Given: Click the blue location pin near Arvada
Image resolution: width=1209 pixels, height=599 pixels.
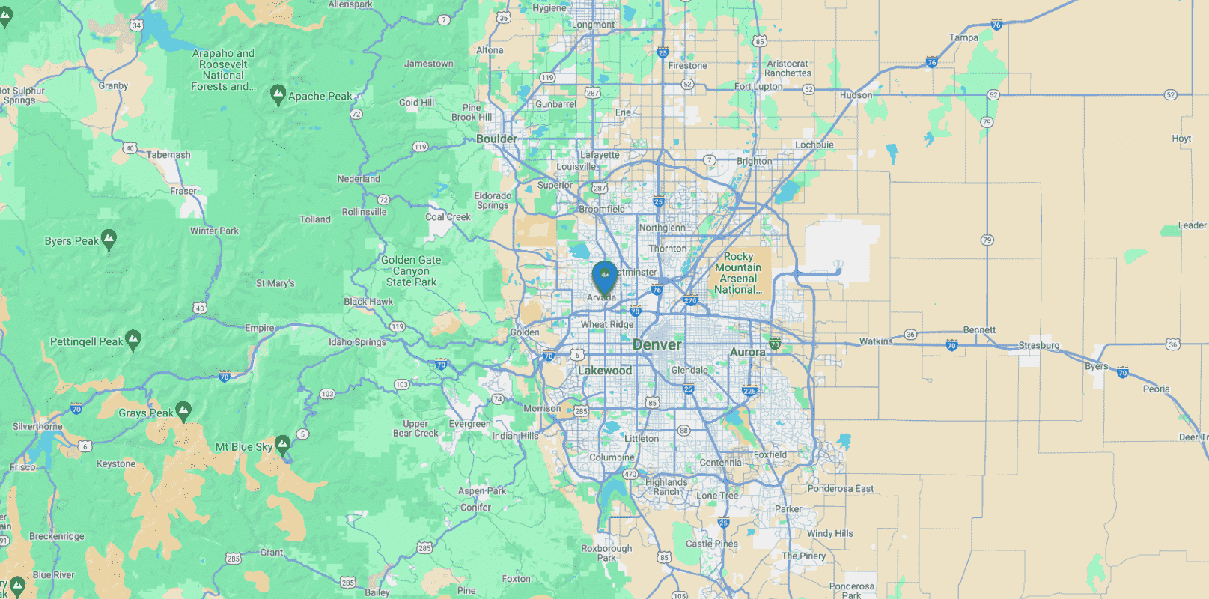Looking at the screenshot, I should click(x=604, y=276).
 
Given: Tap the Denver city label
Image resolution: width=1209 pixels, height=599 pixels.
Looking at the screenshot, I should click(x=657, y=345).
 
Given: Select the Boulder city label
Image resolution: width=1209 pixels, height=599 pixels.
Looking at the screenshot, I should click(x=496, y=139).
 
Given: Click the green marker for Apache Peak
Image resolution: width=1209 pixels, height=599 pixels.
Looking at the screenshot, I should click(x=278, y=95).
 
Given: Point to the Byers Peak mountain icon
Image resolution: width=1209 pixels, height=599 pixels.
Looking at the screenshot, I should click(x=109, y=240).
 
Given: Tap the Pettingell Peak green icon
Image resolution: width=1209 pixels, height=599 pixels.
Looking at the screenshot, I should click(x=133, y=341).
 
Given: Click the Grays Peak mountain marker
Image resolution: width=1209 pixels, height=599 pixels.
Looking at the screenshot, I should click(x=183, y=411).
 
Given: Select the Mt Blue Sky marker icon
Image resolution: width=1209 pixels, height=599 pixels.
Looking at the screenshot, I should click(x=282, y=446).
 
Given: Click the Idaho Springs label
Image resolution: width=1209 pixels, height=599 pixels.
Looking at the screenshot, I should click(x=357, y=342).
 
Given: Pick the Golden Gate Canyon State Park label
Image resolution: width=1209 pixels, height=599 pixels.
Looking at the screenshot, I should click(x=411, y=271).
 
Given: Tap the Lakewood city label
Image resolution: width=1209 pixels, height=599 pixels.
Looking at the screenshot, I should click(x=605, y=371).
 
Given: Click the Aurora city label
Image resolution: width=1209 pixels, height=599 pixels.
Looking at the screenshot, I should click(x=747, y=352).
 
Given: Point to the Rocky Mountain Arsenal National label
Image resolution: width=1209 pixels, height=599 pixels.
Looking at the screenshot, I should click(x=738, y=273).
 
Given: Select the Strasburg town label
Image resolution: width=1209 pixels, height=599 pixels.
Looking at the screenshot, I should click(x=1039, y=345).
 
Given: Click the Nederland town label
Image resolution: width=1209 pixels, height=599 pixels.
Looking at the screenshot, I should click(x=359, y=179).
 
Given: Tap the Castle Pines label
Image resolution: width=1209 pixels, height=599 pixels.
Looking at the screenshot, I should click(x=712, y=544).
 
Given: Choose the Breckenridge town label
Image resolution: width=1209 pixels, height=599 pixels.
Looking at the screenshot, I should click(x=57, y=536).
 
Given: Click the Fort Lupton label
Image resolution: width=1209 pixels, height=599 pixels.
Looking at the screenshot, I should click(x=758, y=86).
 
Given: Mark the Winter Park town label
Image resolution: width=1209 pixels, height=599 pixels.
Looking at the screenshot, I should click(x=214, y=231).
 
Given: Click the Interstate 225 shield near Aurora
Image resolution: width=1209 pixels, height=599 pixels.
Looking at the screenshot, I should click(x=749, y=390).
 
